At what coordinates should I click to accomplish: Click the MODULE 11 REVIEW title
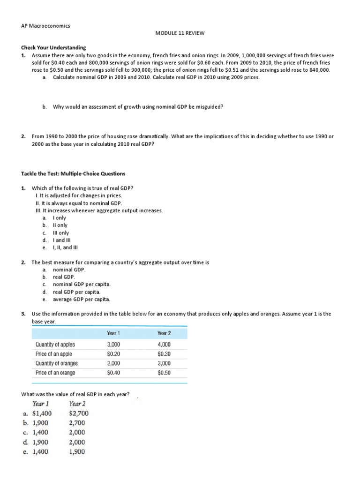pos(180,34)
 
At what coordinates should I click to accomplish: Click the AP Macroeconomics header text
pos(46,26)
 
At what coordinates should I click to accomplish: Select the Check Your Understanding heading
pos(54,47)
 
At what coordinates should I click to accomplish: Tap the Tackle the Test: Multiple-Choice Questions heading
pos(73,173)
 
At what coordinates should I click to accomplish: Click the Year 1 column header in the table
pos(113,333)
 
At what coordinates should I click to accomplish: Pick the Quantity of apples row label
pos(55,345)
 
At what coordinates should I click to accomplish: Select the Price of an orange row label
pos(55,373)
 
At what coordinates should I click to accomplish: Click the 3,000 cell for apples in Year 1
pos(113,345)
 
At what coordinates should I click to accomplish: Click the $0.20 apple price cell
pos(113,354)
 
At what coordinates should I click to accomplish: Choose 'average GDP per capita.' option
pos(82,299)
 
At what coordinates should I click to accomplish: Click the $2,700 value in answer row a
pos(78,413)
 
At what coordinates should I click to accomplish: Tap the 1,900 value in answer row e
pos(77,452)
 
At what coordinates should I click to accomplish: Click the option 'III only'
pos(61,232)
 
